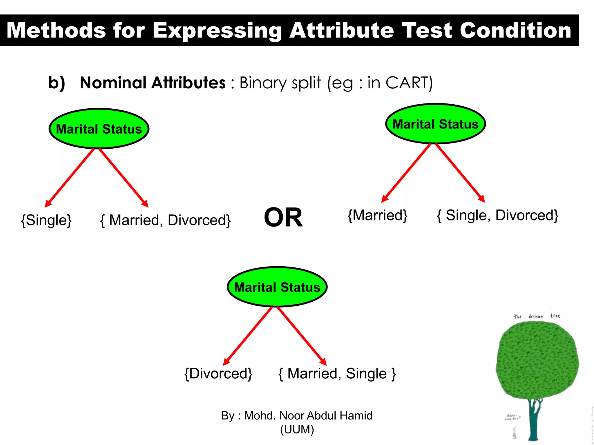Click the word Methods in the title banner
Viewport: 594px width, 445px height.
tap(56, 31)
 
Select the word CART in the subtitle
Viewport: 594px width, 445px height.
tap(406, 83)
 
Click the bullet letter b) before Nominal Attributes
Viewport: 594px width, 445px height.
tap(57, 83)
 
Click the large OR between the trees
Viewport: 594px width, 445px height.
tap(283, 218)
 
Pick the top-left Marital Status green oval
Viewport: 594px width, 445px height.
tap(99, 129)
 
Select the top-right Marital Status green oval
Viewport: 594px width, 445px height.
tap(435, 124)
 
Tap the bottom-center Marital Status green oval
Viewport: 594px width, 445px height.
tap(277, 287)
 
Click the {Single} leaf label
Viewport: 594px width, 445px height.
tap(46, 220)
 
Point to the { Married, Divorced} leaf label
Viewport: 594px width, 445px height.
tap(165, 220)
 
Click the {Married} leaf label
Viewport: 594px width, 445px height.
tap(378, 215)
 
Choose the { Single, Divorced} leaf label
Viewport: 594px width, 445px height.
tap(497, 215)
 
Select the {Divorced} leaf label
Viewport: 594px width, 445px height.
tap(218, 373)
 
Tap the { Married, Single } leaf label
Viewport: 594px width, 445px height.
tap(337, 373)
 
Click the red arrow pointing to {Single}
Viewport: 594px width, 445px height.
tap(70, 178)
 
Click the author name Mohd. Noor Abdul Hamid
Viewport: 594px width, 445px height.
tap(308, 415)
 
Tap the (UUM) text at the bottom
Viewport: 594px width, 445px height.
tap(297, 429)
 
